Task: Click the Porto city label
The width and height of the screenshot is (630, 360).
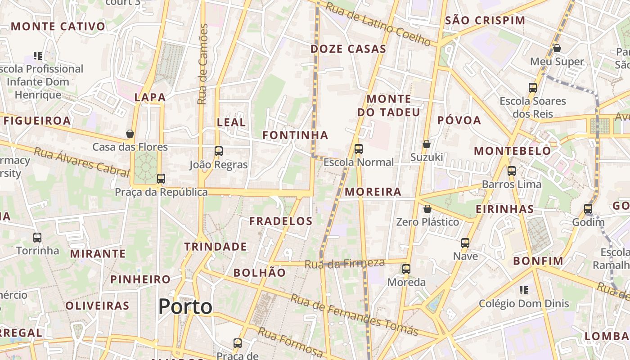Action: (x=185, y=307)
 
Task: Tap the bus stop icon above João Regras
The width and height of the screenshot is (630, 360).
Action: (x=219, y=151)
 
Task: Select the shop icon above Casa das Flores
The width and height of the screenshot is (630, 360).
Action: (x=130, y=134)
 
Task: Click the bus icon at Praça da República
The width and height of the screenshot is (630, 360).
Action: (x=161, y=179)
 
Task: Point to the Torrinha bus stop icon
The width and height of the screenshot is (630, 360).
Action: (x=37, y=237)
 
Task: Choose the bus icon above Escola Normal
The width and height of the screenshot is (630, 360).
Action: (x=359, y=149)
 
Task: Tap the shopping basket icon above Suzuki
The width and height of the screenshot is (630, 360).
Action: (x=427, y=144)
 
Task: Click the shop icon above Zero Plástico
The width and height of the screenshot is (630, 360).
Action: (x=427, y=209)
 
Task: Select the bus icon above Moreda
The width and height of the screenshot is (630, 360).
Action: (x=406, y=269)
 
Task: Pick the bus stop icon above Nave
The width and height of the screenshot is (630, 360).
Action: (x=465, y=243)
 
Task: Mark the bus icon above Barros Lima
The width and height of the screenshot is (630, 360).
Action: (x=512, y=171)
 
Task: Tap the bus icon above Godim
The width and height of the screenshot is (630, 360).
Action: (x=588, y=209)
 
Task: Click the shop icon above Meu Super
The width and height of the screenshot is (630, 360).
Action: (x=557, y=48)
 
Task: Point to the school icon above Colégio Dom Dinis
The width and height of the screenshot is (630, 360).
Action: (x=524, y=290)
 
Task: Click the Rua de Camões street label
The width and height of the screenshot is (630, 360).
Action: (x=203, y=64)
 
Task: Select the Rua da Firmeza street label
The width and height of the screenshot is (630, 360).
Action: (x=345, y=264)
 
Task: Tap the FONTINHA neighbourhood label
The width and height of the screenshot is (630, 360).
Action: (x=295, y=135)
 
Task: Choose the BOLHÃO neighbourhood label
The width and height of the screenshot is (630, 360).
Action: (x=260, y=273)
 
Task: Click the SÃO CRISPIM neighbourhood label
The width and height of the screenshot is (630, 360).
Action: (x=485, y=20)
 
